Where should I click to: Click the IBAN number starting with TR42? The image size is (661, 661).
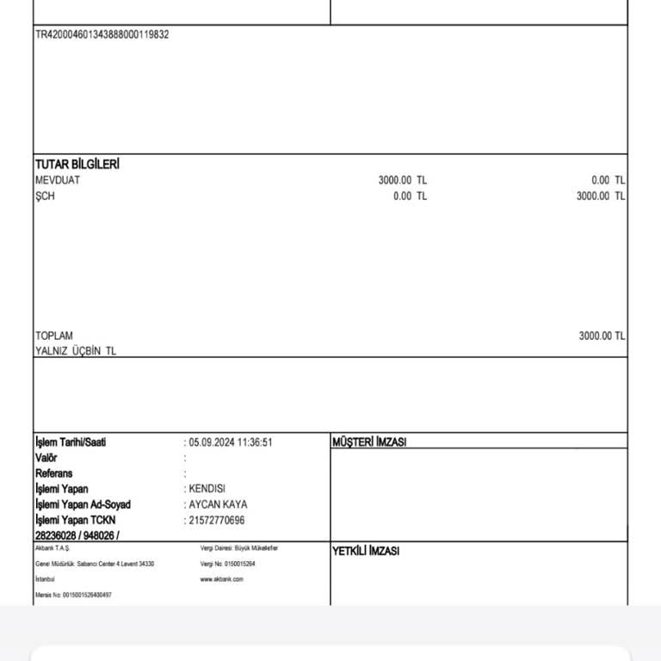(x=102, y=34)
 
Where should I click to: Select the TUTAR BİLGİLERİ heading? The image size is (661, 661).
(x=77, y=164)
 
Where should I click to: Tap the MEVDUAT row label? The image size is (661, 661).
(x=57, y=180)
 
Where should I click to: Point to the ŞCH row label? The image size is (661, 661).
(x=45, y=196)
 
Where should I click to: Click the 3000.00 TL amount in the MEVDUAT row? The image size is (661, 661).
(x=402, y=180)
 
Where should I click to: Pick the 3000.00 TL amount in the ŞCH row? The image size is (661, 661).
(x=600, y=196)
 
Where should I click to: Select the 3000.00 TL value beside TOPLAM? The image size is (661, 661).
(x=601, y=336)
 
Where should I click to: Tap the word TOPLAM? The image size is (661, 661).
(x=54, y=336)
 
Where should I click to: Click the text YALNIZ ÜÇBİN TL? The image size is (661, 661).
(x=76, y=351)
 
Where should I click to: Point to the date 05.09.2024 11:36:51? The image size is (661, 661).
(x=231, y=442)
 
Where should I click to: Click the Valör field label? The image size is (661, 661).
(x=46, y=458)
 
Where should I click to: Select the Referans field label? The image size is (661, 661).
(x=53, y=473)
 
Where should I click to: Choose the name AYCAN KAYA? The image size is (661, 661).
(x=218, y=504)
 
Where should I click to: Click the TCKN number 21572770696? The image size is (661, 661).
(x=217, y=520)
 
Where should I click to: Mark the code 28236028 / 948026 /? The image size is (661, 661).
(x=77, y=535)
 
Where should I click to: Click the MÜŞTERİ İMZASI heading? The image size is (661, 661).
(x=369, y=442)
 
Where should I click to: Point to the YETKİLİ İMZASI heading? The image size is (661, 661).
(x=366, y=551)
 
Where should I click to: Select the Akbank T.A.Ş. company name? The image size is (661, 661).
(x=53, y=547)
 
